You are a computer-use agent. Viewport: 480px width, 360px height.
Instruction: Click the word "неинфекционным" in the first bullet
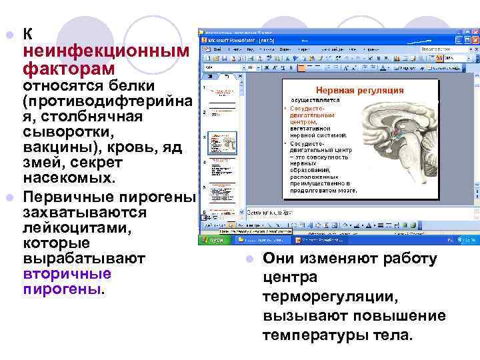pyautogui.click(x=107, y=52)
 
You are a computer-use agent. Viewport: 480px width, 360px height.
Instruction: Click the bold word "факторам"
pyautogui.click(x=69, y=69)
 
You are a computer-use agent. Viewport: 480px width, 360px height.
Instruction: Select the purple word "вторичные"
pyautogui.click(x=67, y=274)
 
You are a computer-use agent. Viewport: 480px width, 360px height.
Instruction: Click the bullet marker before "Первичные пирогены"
pyautogui.click(x=9, y=197)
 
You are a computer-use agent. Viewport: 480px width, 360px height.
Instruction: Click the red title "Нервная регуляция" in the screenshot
pyautogui.click(x=359, y=90)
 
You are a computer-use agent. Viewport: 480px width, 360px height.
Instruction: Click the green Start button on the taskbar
pyautogui.click(x=213, y=240)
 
